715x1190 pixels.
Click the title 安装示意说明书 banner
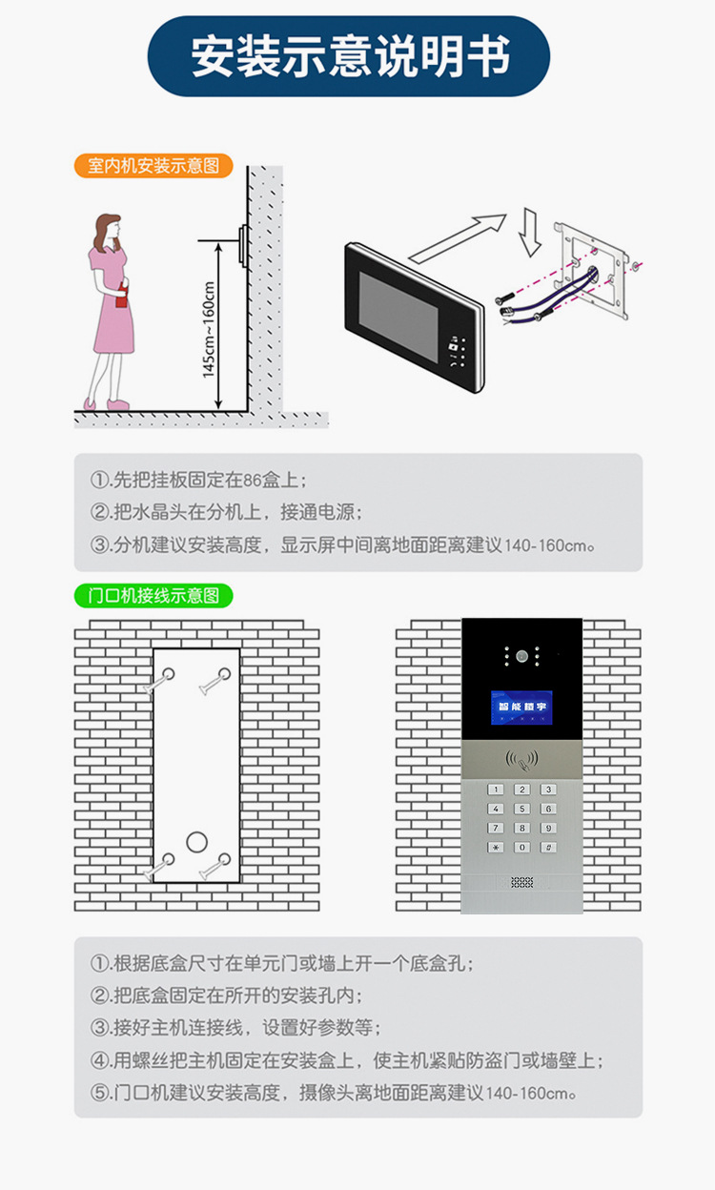pyautogui.click(x=349, y=56)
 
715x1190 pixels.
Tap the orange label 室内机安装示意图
pyautogui.click(x=153, y=166)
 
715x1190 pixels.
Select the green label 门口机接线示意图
pyautogui.click(x=153, y=596)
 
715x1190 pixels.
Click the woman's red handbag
pyautogui.click(x=123, y=297)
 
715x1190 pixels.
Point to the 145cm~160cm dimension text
pyautogui.click(x=209, y=329)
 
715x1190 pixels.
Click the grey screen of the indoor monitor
pyautogui.click(x=398, y=318)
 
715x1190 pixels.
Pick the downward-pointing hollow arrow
pyautogui.click(x=530, y=232)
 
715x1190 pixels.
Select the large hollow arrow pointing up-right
pyautogui.click(x=457, y=238)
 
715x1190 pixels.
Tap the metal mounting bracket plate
pyautogui.click(x=591, y=271)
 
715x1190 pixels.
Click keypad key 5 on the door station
pyautogui.click(x=521, y=809)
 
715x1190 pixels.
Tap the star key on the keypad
pyautogui.click(x=495, y=847)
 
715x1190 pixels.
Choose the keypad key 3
pyautogui.click(x=548, y=790)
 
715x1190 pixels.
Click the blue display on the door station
pyautogui.click(x=521, y=708)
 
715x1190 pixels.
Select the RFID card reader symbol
pyautogui.click(x=521, y=760)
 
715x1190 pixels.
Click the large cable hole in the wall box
pyautogui.click(x=196, y=842)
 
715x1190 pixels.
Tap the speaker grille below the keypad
pyautogui.click(x=521, y=882)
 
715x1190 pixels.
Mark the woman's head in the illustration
pyautogui.click(x=109, y=230)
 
